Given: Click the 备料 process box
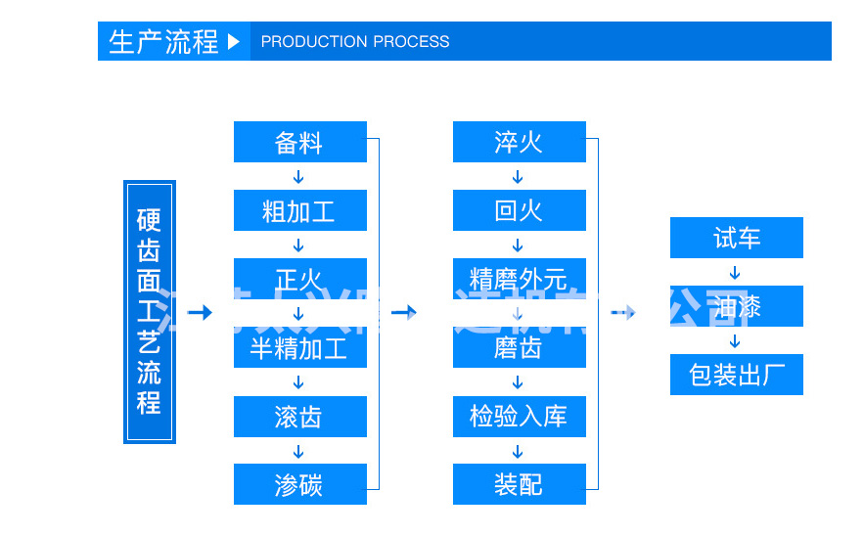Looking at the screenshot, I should coord(299,142).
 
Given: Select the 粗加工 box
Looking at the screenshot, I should coord(299,210).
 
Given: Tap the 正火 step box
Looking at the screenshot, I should coord(299,278).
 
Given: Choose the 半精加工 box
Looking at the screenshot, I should coord(299,348).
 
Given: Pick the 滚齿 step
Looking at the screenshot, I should coord(299,417).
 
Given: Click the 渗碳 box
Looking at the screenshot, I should coord(299,484).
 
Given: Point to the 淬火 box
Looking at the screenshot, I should coord(519,142).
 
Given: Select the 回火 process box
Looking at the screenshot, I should coord(519,210).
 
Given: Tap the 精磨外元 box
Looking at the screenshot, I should coord(519,278).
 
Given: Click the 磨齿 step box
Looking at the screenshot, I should coord(519,348).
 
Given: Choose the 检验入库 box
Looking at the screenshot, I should coord(519,417).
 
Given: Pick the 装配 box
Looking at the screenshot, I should coord(519,484).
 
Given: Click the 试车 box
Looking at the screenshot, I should coord(736,238).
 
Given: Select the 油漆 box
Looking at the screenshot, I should coord(736,306).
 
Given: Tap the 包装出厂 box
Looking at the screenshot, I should coord(736,375).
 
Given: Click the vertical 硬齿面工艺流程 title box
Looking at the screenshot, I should coord(149,311).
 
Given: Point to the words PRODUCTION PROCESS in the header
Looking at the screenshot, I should coord(355,42).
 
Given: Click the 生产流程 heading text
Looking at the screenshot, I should coord(163,42).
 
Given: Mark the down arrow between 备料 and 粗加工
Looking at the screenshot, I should coord(299,177).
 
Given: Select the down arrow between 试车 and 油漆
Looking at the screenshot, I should coord(736,273).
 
